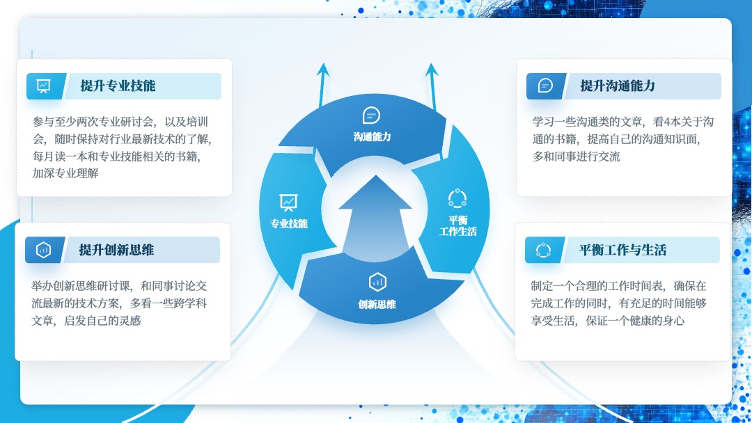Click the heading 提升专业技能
point(118,86)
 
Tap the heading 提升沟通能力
point(618,86)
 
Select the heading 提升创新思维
point(116,250)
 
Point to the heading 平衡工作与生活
point(622,250)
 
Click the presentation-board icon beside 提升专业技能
point(44,86)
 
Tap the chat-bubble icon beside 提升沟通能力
point(545,86)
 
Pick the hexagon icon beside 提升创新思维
point(44,250)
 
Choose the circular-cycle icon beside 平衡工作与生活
point(543,250)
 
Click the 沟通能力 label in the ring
point(372,137)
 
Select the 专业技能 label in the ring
point(289,224)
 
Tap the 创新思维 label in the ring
point(377,304)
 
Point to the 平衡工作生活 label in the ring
point(458,225)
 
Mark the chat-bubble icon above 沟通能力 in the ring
point(371,115)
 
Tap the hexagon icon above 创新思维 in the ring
point(377,282)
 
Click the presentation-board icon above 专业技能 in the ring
point(288,202)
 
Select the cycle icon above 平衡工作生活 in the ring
point(457,198)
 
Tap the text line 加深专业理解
point(65,173)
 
